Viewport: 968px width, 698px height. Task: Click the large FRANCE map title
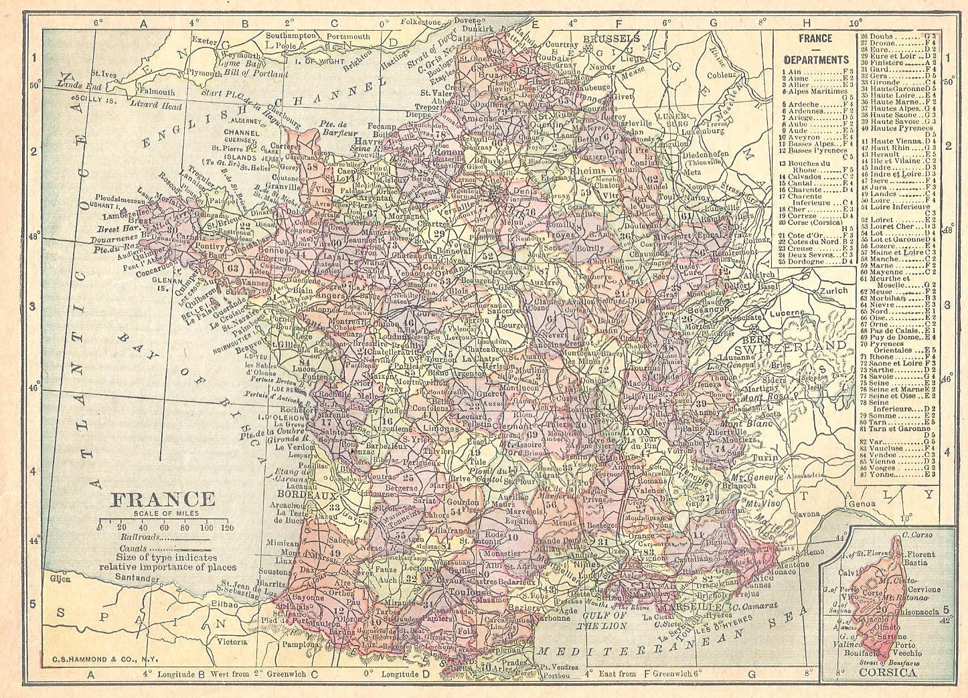[163, 499]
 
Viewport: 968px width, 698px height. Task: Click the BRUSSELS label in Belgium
[611, 39]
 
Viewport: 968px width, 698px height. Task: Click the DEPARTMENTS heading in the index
[815, 59]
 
